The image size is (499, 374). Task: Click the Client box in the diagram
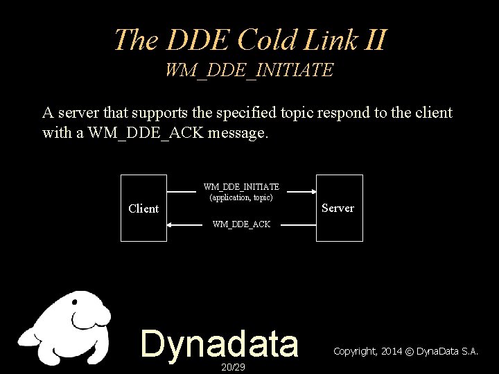click(143, 208)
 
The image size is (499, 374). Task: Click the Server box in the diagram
click(339, 208)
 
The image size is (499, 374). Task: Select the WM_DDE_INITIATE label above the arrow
click(241, 187)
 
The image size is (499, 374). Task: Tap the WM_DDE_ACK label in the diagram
click(241, 224)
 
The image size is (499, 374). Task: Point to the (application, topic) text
click(241, 197)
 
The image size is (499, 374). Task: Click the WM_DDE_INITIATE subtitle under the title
click(249, 70)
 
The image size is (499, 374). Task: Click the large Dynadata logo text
click(220, 343)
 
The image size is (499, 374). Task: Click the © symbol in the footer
click(410, 352)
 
